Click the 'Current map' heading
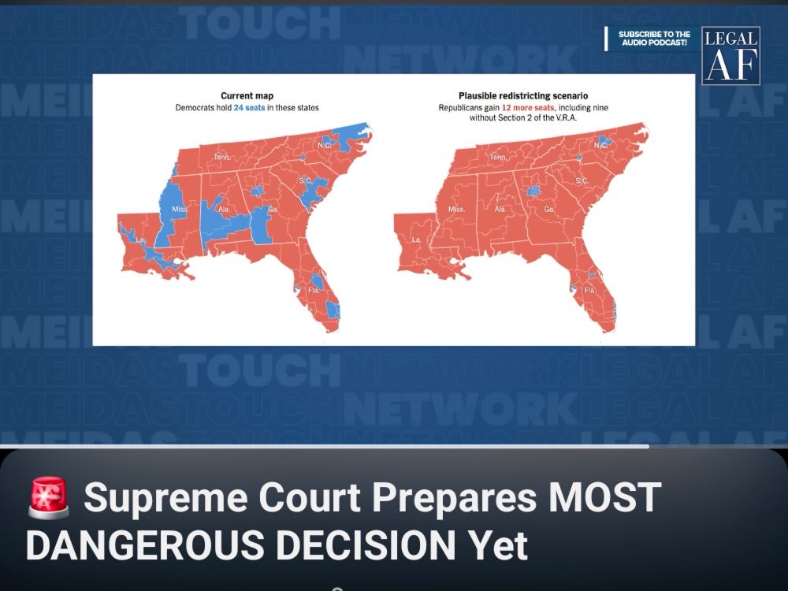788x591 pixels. click(247, 95)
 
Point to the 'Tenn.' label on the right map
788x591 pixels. click(498, 158)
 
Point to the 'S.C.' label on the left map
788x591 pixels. click(306, 181)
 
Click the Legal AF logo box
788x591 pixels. click(730, 56)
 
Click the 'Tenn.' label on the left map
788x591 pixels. click(221, 158)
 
